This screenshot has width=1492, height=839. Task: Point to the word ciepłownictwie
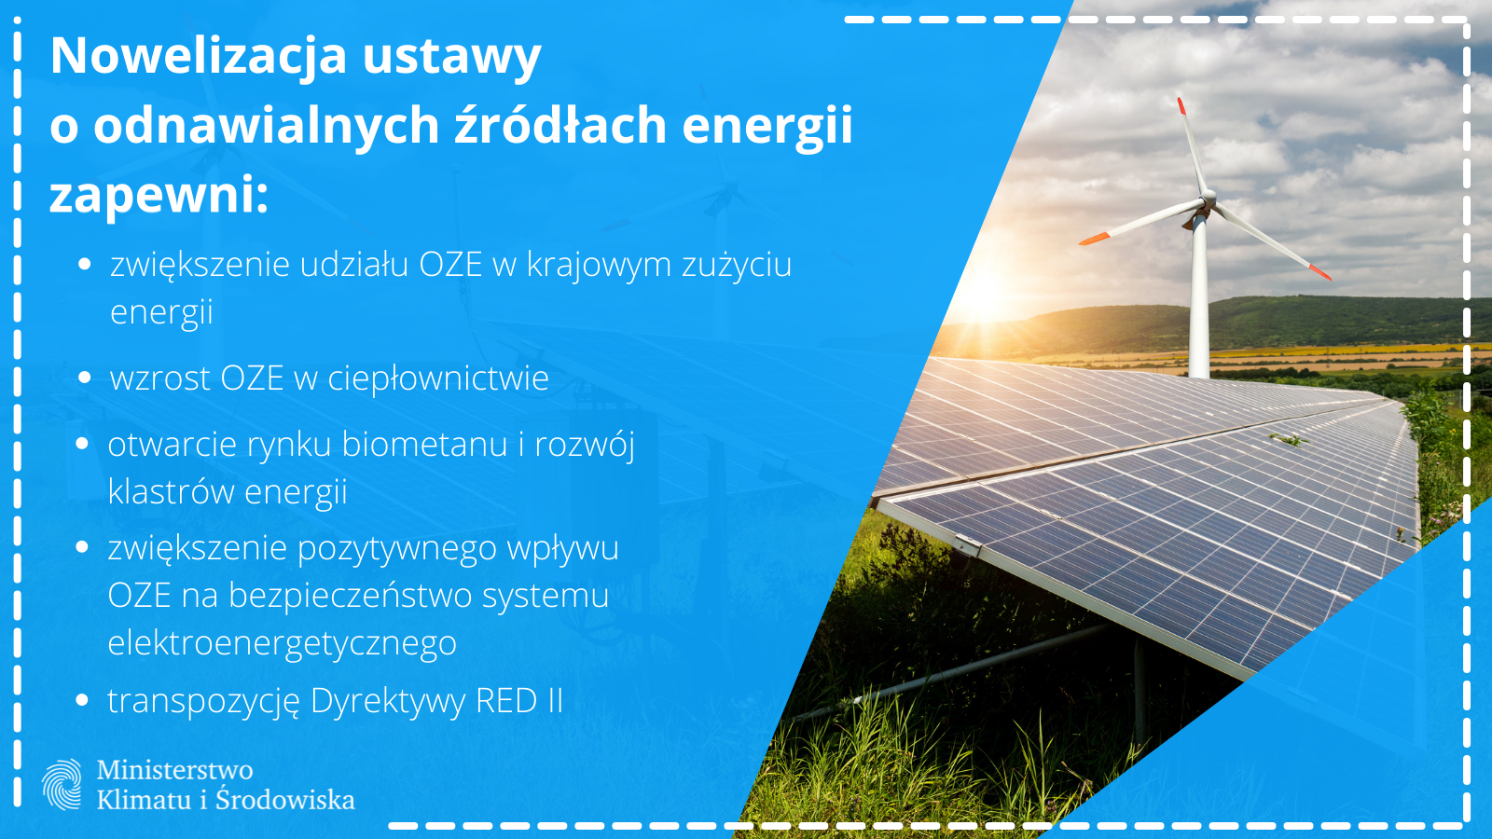[438, 378]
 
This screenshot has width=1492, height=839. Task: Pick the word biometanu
[425, 444]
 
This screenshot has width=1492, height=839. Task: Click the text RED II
[520, 700]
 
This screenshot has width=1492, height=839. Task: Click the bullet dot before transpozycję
[83, 700]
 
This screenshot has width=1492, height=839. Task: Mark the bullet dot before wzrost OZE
[85, 378]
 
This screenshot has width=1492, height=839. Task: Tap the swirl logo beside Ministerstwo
[62, 784]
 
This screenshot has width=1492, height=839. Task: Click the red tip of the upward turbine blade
[1181, 105]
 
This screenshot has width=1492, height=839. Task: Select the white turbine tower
[1199, 296]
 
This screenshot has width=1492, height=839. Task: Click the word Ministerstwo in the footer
[175, 770]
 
